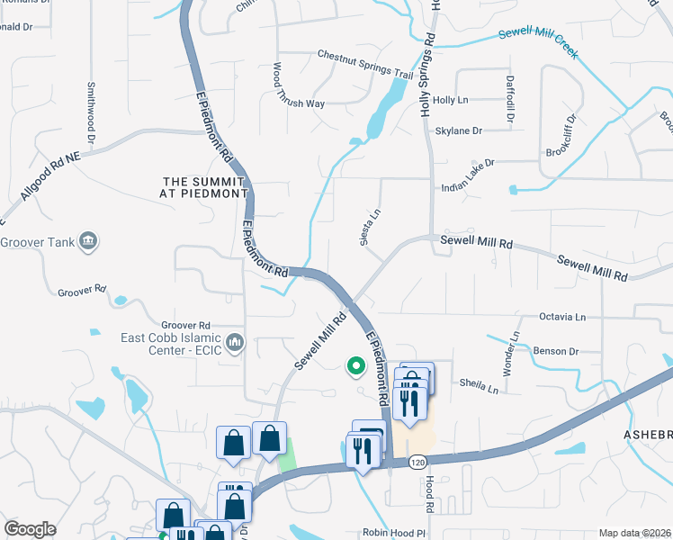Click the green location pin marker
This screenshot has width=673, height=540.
pyautogui.click(x=355, y=366)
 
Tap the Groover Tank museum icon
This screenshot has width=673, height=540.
pyautogui.click(x=88, y=241)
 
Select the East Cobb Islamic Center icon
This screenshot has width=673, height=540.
pyautogui.click(x=235, y=341)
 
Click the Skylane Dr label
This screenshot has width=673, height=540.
pyautogui.click(x=459, y=131)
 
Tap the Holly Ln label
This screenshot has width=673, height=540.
pyautogui.click(x=451, y=101)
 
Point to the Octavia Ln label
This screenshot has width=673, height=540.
pyautogui.click(x=562, y=317)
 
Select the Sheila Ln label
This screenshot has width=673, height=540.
pyautogui.click(x=480, y=388)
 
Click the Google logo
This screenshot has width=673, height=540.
pyautogui.click(x=30, y=529)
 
